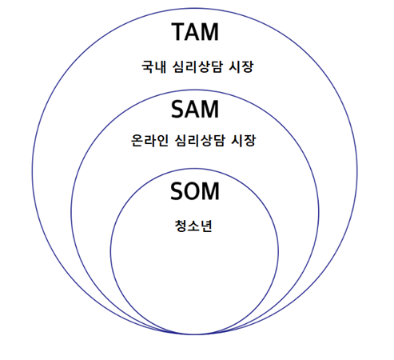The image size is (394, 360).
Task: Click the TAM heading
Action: (x=195, y=32)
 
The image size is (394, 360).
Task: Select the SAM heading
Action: (x=195, y=109)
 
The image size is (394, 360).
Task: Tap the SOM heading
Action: (x=195, y=191)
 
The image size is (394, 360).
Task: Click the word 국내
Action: (x=153, y=66)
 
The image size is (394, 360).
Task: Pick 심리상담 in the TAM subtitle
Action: (x=197, y=66)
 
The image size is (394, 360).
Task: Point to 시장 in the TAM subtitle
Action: (x=241, y=66)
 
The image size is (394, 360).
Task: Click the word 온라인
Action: (x=149, y=140)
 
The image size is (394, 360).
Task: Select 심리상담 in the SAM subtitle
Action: (x=200, y=140)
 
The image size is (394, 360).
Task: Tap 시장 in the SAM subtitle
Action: (x=243, y=140)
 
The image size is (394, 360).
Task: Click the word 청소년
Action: (x=193, y=226)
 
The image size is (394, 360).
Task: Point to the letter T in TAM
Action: (x=179, y=32)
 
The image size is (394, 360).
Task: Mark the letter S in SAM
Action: (x=177, y=109)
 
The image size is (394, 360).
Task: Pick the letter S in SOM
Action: (x=177, y=191)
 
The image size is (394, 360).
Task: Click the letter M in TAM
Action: (x=210, y=32)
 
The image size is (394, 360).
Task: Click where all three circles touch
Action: (x=195, y=334)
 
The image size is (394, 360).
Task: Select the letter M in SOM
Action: (x=212, y=191)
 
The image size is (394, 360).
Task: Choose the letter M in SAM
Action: (x=210, y=109)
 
